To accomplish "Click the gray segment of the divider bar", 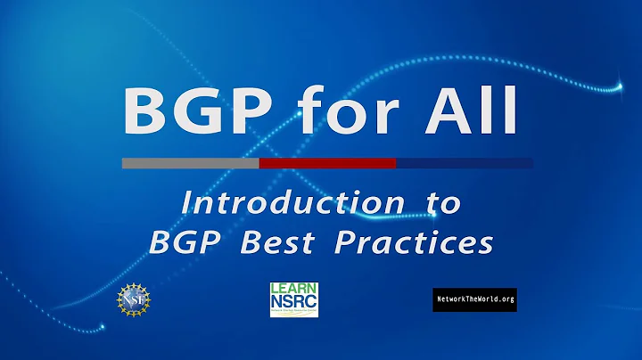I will tap(190, 163).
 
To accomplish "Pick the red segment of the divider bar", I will tap(327, 163).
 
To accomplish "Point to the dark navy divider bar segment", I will tap(465, 163).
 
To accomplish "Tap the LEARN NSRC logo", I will tap(294, 299).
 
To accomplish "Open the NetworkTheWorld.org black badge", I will tap(474, 300).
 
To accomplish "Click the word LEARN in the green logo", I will tap(294, 290).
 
